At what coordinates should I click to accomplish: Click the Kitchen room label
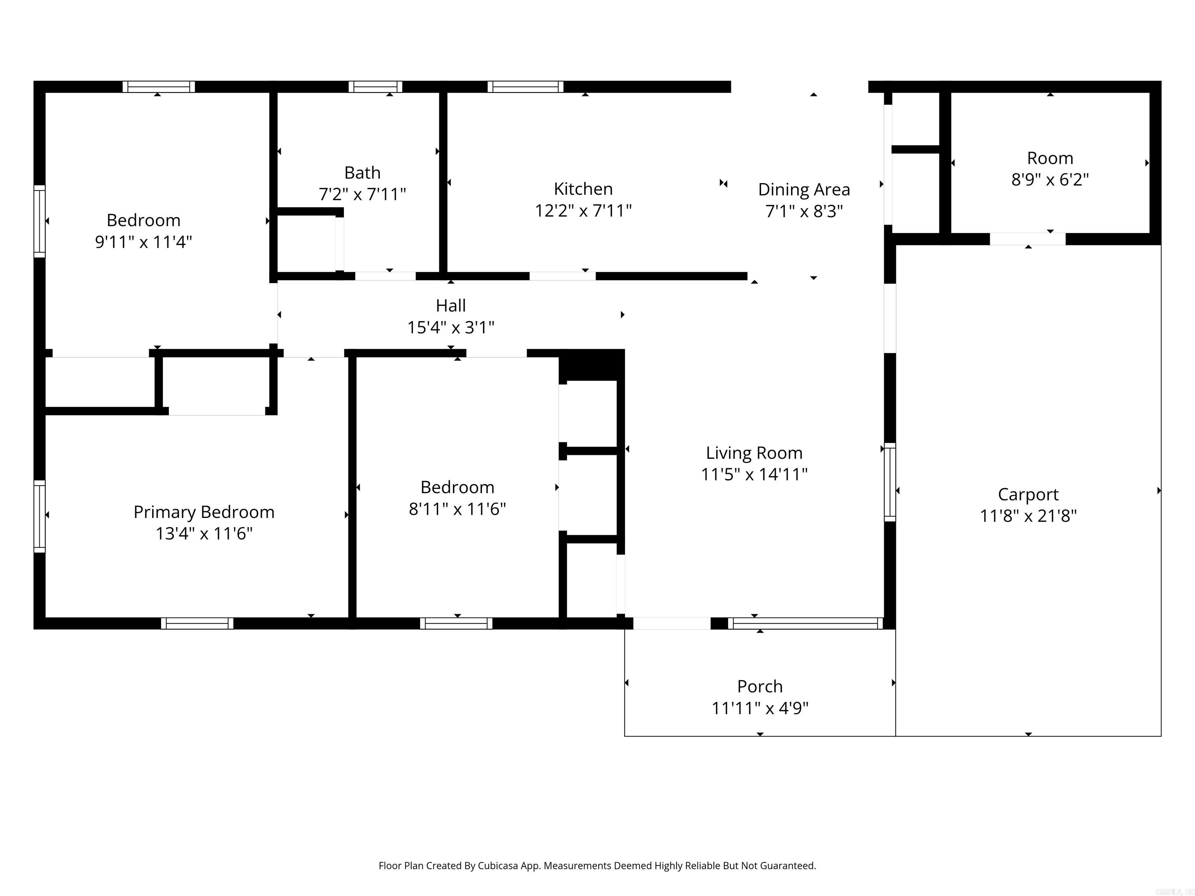(583, 189)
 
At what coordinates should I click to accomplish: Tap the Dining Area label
(804, 189)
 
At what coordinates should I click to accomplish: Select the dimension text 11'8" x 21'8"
(1028, 516)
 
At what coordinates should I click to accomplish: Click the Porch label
(760, 686)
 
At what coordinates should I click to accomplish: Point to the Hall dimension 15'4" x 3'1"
(450, 327)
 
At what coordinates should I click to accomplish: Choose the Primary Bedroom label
(204, 512)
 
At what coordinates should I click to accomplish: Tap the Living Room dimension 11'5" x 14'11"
(754, 474)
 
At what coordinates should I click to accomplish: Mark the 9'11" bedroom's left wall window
(39, 221)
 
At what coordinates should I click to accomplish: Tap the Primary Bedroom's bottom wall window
(197, 623)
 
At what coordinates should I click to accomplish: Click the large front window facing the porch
(805, 623)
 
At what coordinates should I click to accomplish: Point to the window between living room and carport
(889, 482)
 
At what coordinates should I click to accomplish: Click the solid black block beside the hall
(591, 365)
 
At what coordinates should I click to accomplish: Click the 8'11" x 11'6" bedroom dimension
(457, 509)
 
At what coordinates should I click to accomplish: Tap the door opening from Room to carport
(1027, 239)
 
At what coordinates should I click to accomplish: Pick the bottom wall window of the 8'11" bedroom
(456, 623)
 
